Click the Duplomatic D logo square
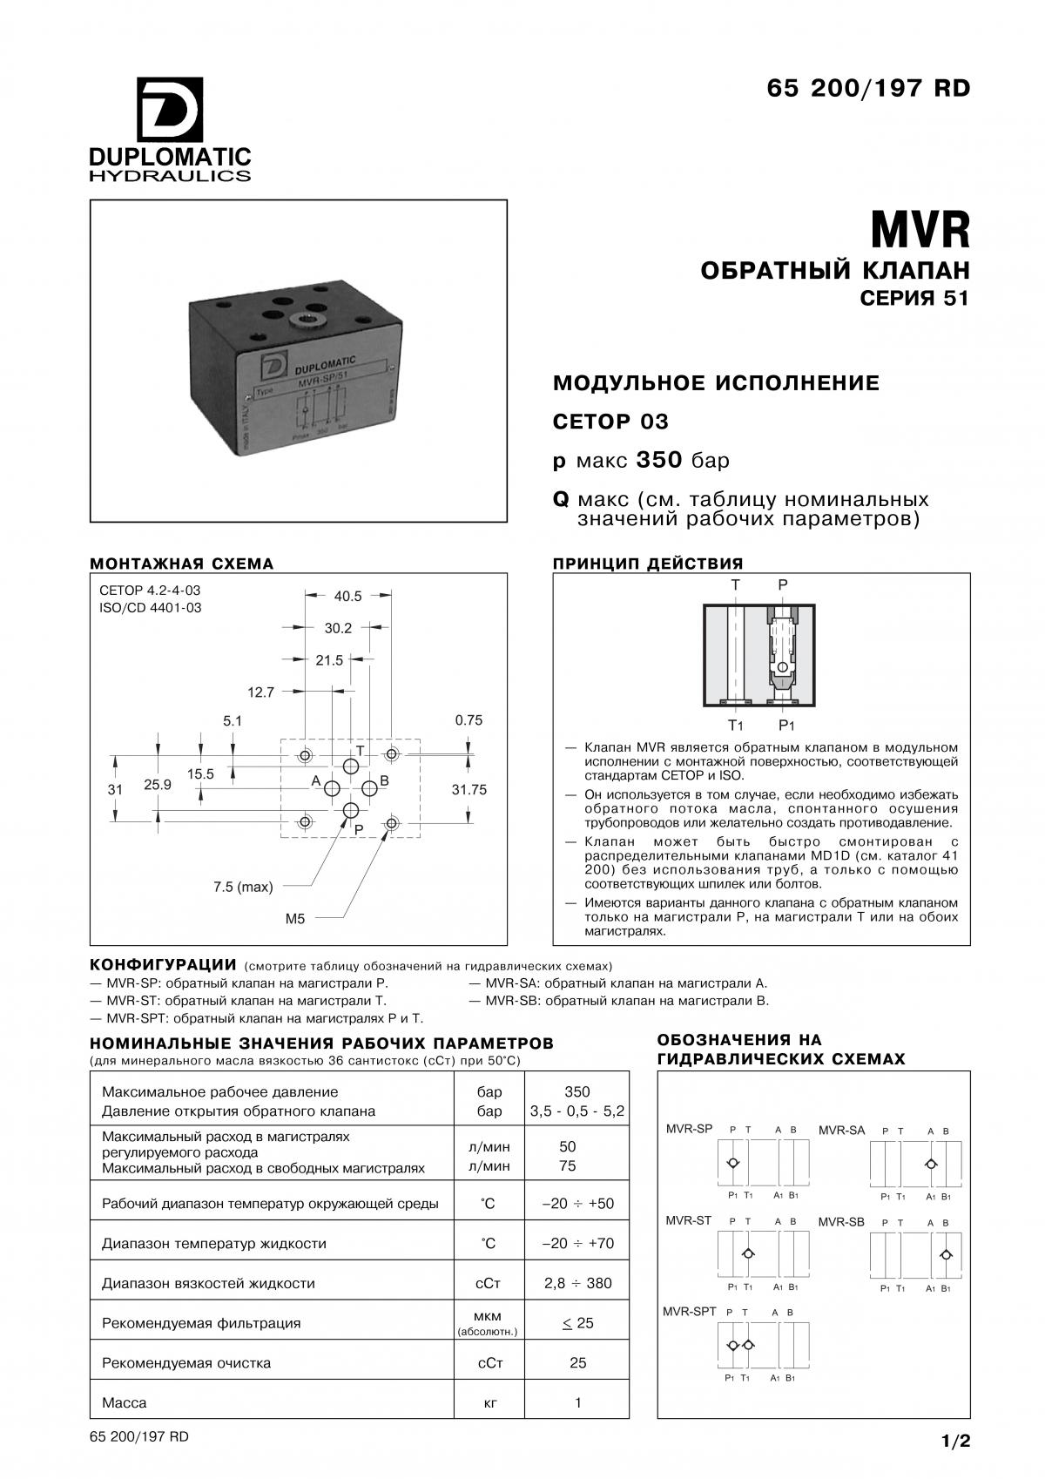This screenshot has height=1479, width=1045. pos(170,111)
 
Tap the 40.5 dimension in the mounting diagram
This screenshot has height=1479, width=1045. pos(347,596)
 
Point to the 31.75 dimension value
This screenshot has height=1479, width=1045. pos(469,789)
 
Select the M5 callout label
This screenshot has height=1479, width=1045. pos(295,918)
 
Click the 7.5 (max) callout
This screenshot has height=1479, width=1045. pos(243,887)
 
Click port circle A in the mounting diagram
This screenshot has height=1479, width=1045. pos(333,789)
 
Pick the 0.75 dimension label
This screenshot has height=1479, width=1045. pos(469,720)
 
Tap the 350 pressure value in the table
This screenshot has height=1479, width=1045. pos(576,1091)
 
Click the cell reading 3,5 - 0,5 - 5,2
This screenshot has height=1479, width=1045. pos(576,1111)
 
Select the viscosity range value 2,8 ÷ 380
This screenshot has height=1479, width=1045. pos(577,1282)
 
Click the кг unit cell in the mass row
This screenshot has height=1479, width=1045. pos(489,1402)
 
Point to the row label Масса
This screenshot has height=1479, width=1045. pos(125,1402)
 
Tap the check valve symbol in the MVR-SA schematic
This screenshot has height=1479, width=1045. pos(931,1164)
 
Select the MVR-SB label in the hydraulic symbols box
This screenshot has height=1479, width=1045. pos(841,1222)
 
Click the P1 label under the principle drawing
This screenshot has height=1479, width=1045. pos(786,725)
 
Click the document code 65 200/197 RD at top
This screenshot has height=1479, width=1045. pos(867,89)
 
